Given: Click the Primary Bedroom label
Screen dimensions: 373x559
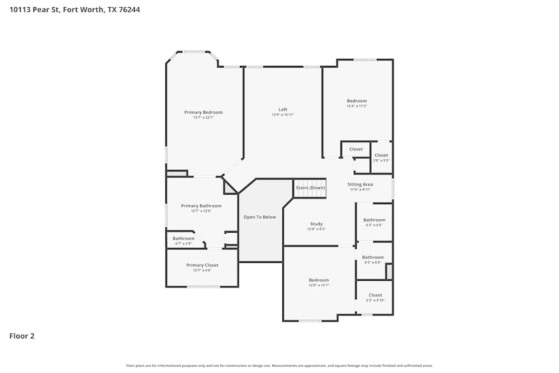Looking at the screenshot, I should tap(203, 112).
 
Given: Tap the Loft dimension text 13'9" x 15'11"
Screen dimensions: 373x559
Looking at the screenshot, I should tap(283, 115).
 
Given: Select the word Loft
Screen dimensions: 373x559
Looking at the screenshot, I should tap(283, 109).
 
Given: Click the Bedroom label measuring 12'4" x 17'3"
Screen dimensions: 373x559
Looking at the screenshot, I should tap(357, 101).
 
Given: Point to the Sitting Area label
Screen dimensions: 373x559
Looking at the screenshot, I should tap(360, 184).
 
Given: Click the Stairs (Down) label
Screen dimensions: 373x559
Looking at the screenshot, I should tap(310, 187).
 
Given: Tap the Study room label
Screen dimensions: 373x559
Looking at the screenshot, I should tap(316, 224).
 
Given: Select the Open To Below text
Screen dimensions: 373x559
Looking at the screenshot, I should tap(260, 217).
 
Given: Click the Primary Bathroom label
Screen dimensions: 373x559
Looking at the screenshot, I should tap(201, 206).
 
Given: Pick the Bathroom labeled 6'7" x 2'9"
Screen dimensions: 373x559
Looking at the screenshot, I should tap(183, 238).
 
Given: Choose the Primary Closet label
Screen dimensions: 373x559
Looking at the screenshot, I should tap(202, 265).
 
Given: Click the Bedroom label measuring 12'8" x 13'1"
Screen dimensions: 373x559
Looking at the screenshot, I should tap(319, 280).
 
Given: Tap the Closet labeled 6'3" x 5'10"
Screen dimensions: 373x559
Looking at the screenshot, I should tap(375, 295).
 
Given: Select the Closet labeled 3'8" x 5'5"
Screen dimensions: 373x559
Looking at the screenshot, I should tap(381, 155).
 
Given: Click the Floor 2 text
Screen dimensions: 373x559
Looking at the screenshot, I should tap(22, 336).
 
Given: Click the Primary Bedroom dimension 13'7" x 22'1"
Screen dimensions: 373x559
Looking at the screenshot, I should tap(203, 117).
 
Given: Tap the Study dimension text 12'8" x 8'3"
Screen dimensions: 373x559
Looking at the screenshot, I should tap(316, 229).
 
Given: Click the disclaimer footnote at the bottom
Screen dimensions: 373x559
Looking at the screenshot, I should tap(279, 366).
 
